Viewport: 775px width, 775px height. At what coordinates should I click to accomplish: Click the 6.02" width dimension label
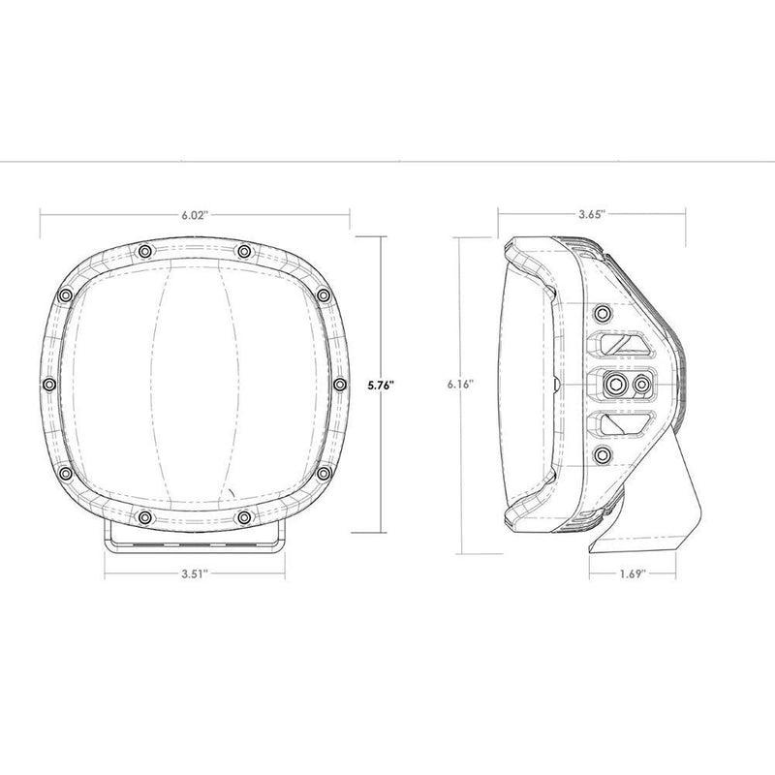click(195, 215)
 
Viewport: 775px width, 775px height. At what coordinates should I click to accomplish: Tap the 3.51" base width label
click(193, 573)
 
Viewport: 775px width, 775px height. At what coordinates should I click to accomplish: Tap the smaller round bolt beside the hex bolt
click(640, 385)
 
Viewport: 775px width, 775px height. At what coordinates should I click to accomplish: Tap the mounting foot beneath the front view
click(193, 538)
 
